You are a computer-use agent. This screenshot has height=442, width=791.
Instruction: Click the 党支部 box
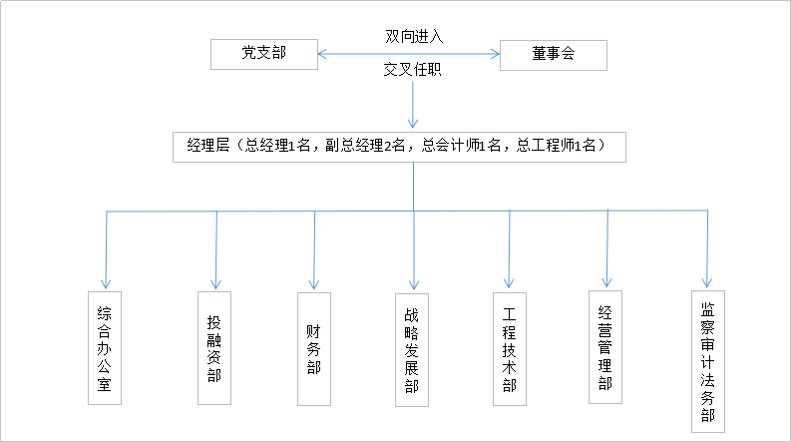pyautogui.click(x=264, y=54)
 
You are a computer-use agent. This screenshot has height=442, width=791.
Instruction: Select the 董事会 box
pyautogui.click(x=554, y=55)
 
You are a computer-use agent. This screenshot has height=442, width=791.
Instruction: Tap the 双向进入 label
pyautogui.click(x=414, y=36)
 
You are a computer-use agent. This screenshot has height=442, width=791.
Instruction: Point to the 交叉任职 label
pyautogui.click(x=413, y=69)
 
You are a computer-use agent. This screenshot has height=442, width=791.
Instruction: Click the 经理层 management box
pyautogui.click(x=400, y=147)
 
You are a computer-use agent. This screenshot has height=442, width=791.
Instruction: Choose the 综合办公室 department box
pyautogui.click(x=105, y=348)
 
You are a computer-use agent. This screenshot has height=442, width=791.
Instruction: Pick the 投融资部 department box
pyautogui.click(x=214, y=348)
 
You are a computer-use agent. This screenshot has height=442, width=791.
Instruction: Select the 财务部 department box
pyautogui.click(x=314, y=349)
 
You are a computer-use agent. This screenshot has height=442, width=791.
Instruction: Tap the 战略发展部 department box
pyautogui.click(x=412, y=350)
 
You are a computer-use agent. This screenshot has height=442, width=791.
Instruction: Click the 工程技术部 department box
pyautogui.click(x=510, y=349)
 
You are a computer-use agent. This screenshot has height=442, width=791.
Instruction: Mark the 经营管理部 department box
pyautogui.click(x=605, y=347)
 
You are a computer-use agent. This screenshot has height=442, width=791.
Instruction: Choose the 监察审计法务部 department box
pyautogui.click(x=708, y=361)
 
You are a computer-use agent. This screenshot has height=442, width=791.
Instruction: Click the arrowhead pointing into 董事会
pyautogui.click(x=496, y=54)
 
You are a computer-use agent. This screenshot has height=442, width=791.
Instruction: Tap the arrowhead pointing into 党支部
pyautogui.click(x=322, y=54)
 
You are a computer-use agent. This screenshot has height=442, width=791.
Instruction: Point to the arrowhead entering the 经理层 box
pyautogui.click(x=413, y=124)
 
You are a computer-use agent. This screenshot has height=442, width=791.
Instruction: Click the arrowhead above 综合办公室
pyautogui.click(x=106, y=283)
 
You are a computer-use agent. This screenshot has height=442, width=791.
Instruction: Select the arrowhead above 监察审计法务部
pyautogui.click(x=707, y=282)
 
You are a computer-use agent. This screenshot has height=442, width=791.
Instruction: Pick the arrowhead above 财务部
pyautogui.click(x=314, y=284)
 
